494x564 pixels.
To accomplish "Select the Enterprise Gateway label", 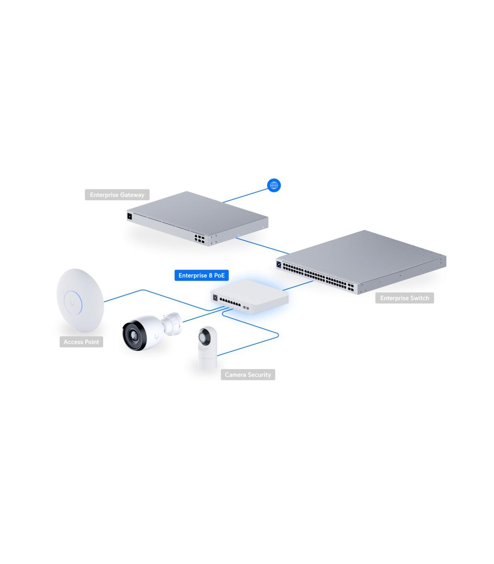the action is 117,194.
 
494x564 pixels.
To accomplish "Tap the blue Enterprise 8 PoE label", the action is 201,275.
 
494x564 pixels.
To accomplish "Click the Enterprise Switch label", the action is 404,298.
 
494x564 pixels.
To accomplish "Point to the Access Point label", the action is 81,342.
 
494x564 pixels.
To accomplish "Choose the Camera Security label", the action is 248,374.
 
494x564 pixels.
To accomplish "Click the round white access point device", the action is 80,300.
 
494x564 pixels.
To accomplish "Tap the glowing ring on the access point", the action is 73,303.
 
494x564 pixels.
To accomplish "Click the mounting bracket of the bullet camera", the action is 172,324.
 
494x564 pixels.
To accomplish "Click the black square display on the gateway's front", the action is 129,216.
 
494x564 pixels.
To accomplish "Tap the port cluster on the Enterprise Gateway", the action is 199,239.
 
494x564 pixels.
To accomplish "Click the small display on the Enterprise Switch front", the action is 278,264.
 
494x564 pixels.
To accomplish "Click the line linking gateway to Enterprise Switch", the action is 263,246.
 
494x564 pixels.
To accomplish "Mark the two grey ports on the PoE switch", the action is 246,307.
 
